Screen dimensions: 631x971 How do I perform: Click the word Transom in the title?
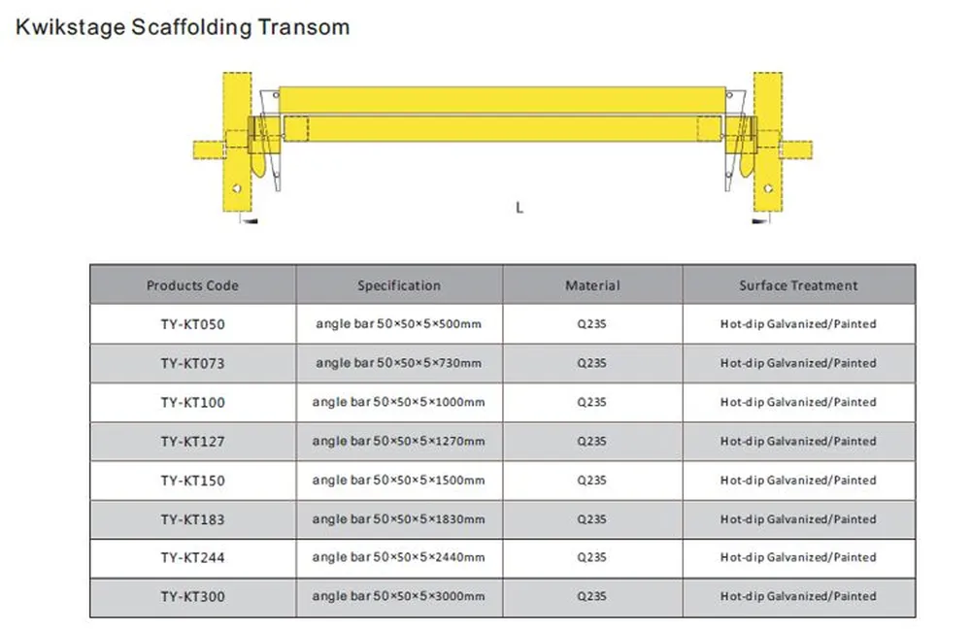point(303,26)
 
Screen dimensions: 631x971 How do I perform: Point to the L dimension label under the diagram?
point(519,208)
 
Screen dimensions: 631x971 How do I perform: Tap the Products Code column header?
point(192,285)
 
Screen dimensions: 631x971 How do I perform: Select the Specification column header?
point(398,285)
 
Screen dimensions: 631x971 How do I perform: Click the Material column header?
point(592,285)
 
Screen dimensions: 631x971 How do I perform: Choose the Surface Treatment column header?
point(798,285)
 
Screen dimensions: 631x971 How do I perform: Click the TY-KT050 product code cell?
point(192,324)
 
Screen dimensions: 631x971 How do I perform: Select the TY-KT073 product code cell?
point(192,363)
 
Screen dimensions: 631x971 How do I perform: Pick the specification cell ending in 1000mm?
point(398,402)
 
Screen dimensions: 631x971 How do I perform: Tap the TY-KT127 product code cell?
point(192,441)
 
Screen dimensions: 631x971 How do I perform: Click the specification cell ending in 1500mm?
point(398,480)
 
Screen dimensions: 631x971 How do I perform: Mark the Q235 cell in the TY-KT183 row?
point(592,519)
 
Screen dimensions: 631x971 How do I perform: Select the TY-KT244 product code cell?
point(192,557)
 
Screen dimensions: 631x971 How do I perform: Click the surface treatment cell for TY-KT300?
point(798,596)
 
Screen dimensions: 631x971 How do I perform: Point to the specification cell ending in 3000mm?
point(398,596)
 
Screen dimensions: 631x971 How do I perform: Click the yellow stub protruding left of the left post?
point(207,149)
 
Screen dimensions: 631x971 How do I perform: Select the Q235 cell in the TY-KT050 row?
point(592,324)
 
